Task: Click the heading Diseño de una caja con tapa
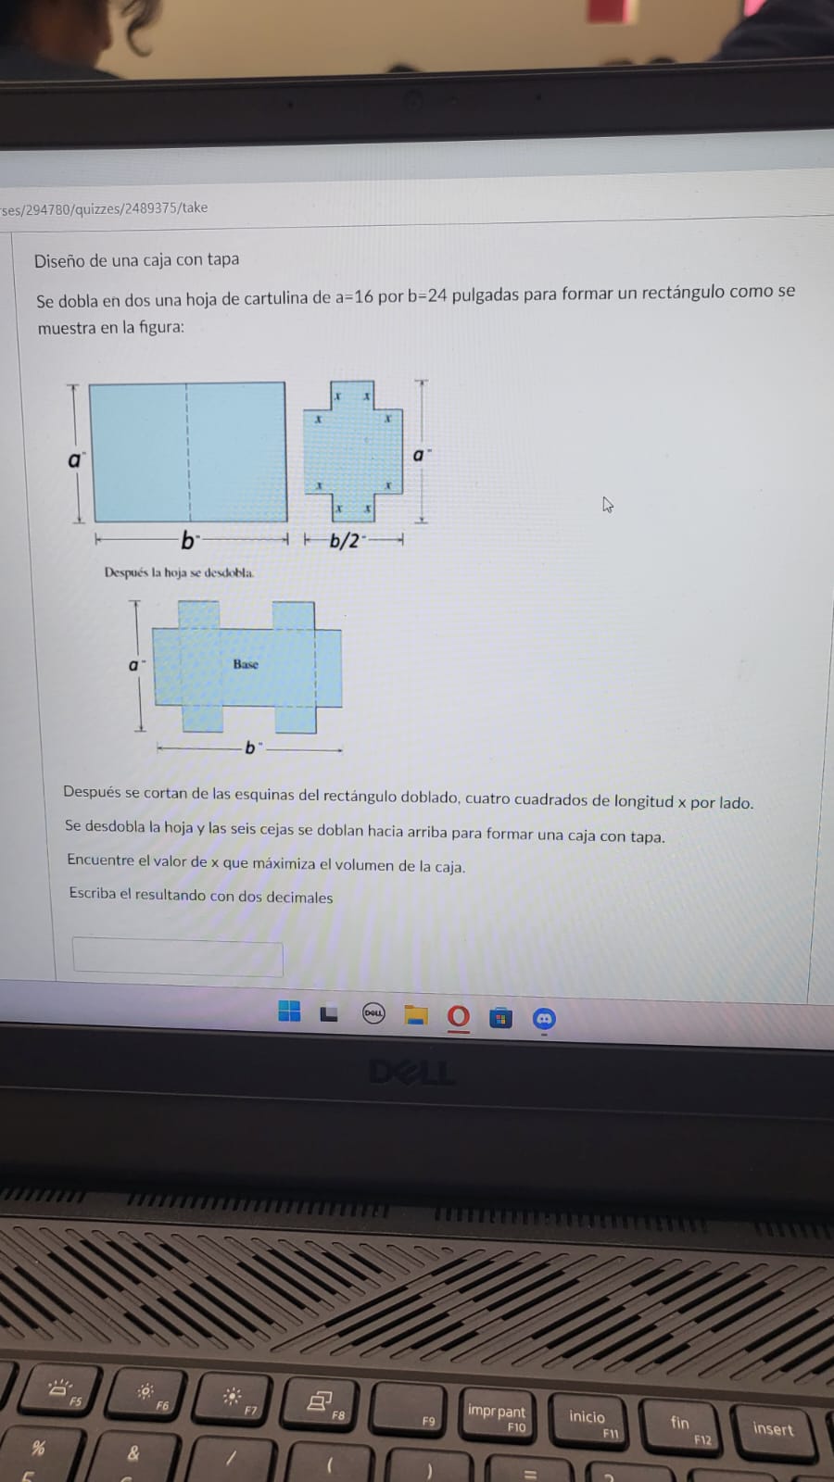click(136, 260)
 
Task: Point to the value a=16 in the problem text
click(354, 297)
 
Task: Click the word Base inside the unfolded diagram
click(246, 664)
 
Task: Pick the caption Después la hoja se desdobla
click(179, 572)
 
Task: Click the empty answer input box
click(178, 956)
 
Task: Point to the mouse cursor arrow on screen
click(607, 504)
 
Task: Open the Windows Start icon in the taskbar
click(289, 1011)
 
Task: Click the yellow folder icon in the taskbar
click(415, 1016)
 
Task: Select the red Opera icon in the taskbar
click(459, 1017)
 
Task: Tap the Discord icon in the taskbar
click(544, 1019)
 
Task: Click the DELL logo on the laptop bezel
click(411, 1073)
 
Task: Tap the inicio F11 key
click(588, 1420)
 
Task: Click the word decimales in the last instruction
click(298, 897)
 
